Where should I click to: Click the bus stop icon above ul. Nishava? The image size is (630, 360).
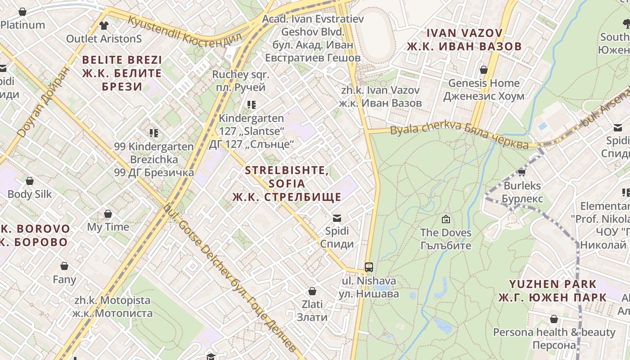point(369,267)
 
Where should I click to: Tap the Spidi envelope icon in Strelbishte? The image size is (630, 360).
point(336,219)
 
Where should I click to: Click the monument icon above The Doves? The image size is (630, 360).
point(445,219)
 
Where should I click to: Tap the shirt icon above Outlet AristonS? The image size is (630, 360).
point(104,25)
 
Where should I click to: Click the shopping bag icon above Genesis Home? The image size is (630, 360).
point(484,70)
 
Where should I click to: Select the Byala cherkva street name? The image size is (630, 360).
point(459,135)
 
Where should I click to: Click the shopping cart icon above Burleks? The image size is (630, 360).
point(522,172)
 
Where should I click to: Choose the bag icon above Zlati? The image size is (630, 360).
point(312,291)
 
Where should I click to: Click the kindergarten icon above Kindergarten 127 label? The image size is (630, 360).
point(252,105)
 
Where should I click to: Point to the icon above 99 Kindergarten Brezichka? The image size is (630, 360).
point(154,133)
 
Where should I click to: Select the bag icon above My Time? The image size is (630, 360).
point(108,213)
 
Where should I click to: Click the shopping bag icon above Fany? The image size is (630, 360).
point(64,266)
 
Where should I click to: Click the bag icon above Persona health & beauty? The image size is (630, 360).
point(554,319)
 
